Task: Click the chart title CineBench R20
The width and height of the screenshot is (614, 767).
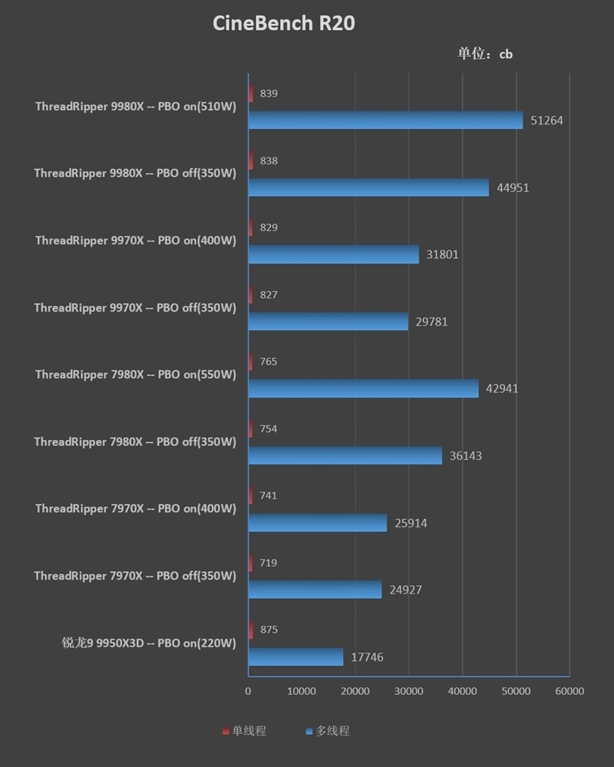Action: tap(283, 24)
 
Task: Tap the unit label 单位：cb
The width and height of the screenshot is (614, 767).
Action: tap(485, 54)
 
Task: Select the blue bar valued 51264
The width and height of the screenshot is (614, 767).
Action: tap(385, 120)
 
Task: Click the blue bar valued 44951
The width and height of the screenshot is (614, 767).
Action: tap(368, 187)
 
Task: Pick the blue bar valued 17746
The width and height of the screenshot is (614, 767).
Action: tap(295, 656)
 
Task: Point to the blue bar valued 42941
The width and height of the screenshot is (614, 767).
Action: tap(363, 388)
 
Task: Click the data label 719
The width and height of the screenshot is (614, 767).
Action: tap(268, 563)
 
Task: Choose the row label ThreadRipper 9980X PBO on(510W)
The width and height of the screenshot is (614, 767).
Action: tap(135, 107)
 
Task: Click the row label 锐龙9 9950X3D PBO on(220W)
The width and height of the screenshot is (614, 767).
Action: tap(149, 643)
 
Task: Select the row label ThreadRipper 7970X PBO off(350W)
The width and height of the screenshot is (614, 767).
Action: tap(135, 576)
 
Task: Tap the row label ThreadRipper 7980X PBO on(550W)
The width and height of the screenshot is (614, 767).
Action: tap(135, 375)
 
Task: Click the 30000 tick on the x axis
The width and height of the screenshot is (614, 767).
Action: tap(408, 691)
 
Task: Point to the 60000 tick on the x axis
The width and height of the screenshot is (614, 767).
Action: tap(569, 691)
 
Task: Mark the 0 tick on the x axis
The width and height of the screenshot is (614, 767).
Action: tap(248, 691)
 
